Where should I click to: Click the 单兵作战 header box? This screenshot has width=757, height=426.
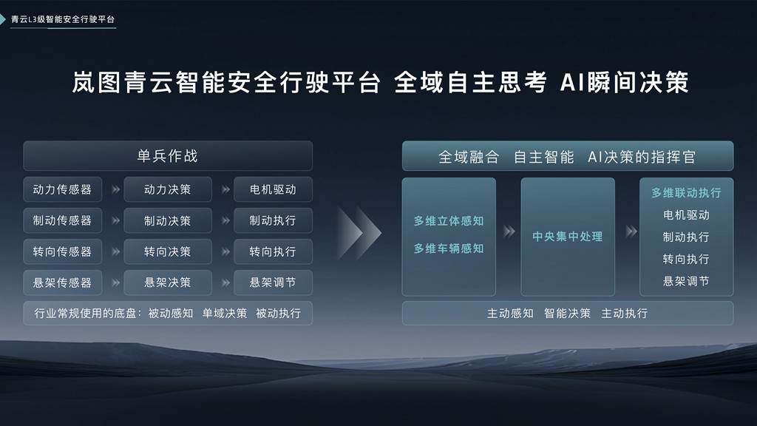tap(168, 156)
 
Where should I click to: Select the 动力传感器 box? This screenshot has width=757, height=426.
tap(63, 189)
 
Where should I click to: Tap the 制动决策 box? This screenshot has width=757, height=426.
tap(168, 220)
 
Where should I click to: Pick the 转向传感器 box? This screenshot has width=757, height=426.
tap(63, 251)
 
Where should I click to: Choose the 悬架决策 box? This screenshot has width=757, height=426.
tap(168, 283)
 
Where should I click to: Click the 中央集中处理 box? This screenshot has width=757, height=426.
tap(568, 237)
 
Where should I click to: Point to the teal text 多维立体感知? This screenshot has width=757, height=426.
tap(449, 221)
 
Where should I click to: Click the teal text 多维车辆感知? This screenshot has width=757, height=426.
tap(449, 248)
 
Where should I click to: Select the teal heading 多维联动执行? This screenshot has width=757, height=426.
tap(686, 192)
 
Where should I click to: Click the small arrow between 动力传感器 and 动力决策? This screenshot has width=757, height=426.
tap(115, 189)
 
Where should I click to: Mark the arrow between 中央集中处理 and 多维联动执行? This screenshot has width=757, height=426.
tap(631, 231)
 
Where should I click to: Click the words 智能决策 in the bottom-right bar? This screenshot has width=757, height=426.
tap(568, 313)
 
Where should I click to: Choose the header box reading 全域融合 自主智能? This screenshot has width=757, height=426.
tap(568, 157)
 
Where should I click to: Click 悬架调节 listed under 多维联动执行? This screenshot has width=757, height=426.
tap(686, 281)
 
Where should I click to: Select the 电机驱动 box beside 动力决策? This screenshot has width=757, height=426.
tap(273, 189)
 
